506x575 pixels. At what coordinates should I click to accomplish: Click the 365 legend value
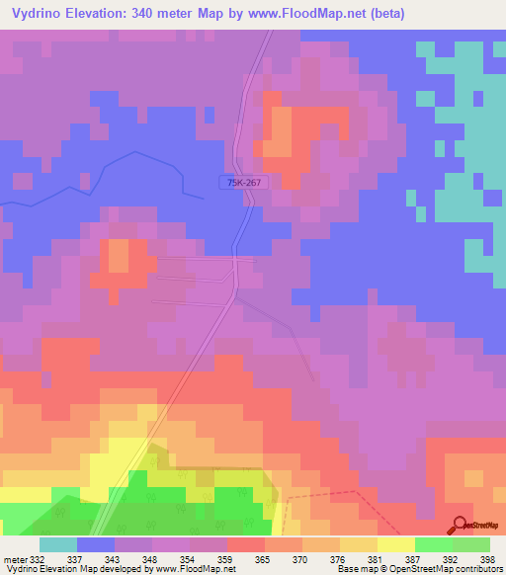pos(262,559)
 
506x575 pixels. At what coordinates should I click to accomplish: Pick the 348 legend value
pos(150,559)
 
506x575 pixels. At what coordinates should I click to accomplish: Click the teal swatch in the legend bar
pos(58,544)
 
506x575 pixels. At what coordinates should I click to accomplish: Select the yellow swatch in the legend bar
pos(396,544)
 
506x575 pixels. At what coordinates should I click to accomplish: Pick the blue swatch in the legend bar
pos(96,544)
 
